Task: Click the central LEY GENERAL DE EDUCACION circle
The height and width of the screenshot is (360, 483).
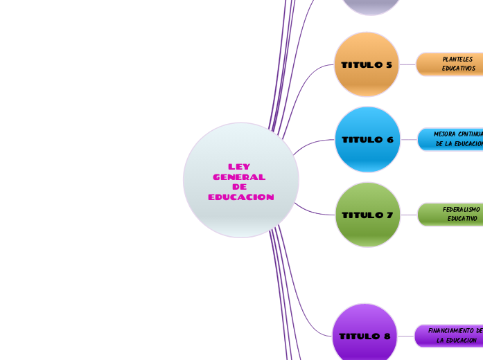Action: tap(240, 180)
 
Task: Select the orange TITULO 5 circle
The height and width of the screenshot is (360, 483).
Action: tap(367, 64)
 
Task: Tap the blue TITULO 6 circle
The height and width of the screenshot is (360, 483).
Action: tap(367, 139)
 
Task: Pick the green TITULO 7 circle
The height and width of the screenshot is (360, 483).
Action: tap(367, 215)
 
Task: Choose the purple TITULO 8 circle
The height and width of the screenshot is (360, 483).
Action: tap(365, 336)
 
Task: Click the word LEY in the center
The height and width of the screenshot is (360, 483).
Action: tap(239, 167)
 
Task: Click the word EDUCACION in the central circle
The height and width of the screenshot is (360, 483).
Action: tap(240, 197)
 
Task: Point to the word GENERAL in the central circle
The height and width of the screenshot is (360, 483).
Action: tap(239, 177)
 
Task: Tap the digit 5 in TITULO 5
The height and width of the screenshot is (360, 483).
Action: tap(389, 65)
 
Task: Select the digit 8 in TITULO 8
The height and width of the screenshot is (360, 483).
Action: tap(387, 336)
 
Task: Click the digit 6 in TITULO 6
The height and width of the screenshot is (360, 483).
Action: tap(389, 140)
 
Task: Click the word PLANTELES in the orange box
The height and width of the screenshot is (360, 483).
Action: tap(457, 60)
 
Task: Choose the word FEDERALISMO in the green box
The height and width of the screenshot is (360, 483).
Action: tap(461, 209)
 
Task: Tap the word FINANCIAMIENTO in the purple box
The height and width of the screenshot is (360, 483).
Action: tap(451, 331)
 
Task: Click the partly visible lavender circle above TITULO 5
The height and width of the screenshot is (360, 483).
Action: tap(371, 6)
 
